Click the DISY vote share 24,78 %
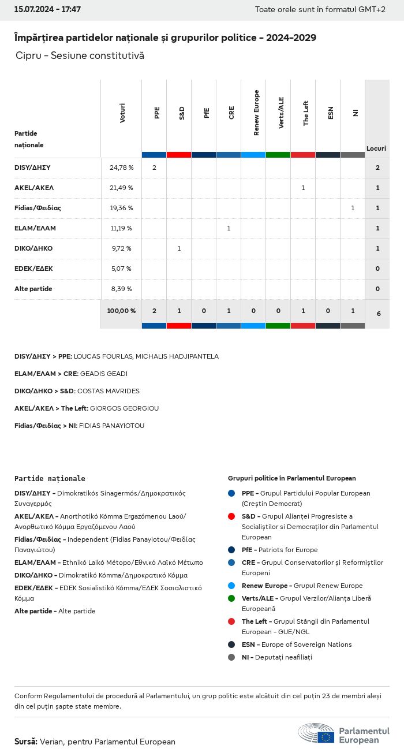tap(121, 167)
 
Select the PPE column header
tap(157, 113)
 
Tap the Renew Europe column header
tap(256, 113)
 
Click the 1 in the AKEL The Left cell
tap(303, 188)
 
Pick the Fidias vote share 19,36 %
tap(121, 208)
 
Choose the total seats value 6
tap(378, 314)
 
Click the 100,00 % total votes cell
tap(121, 311)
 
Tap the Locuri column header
tap(376, 148)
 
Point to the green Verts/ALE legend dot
tap(231, 598)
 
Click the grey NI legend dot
tap(231, 657)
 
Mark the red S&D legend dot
tap(231, 516)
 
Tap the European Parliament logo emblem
tap(316, 733)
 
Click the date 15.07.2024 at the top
tap(33, 10)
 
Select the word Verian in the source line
tap(52, 742)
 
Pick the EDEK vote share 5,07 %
tap(121, 269)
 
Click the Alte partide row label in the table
tap(33, 289)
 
